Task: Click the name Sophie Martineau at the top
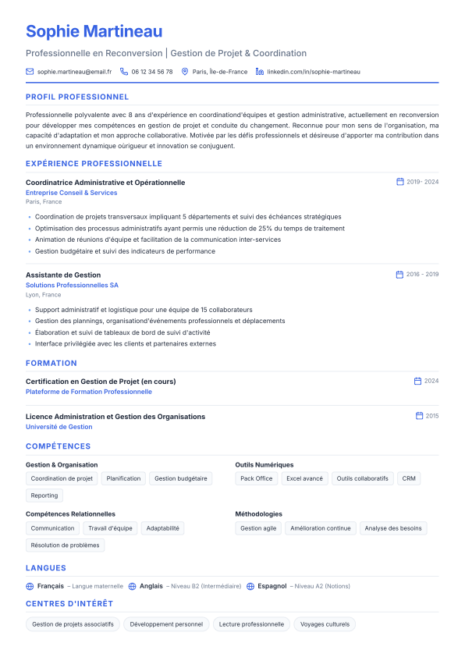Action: [x=94, y=31]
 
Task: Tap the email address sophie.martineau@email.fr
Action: [x=74, y=72]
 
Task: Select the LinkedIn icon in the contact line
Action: [x=260, y=72]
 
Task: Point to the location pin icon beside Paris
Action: [x=185, y=72]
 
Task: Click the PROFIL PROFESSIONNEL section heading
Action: [x=77, y=98]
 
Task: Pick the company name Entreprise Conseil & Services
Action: [x=71, y=193]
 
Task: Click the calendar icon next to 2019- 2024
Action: [x=400, y=182]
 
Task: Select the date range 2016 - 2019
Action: [x=422, y=275]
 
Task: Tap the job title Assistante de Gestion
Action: [x=63, y=275]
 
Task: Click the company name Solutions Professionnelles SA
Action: [x=72, y=286]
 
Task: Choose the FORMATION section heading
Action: [x=51, y=363]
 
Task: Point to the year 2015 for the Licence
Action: [x=432, y=416]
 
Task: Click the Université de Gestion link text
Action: [x=59, y=427]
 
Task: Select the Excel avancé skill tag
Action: [x=304, y=478]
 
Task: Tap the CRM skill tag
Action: [x=409, y=478]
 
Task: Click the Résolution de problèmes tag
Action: [x=65, y=545]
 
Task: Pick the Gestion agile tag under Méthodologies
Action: [x=258, y=528]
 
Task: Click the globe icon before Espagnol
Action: [x=250, y=586]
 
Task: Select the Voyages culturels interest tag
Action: [x=325, y=624]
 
